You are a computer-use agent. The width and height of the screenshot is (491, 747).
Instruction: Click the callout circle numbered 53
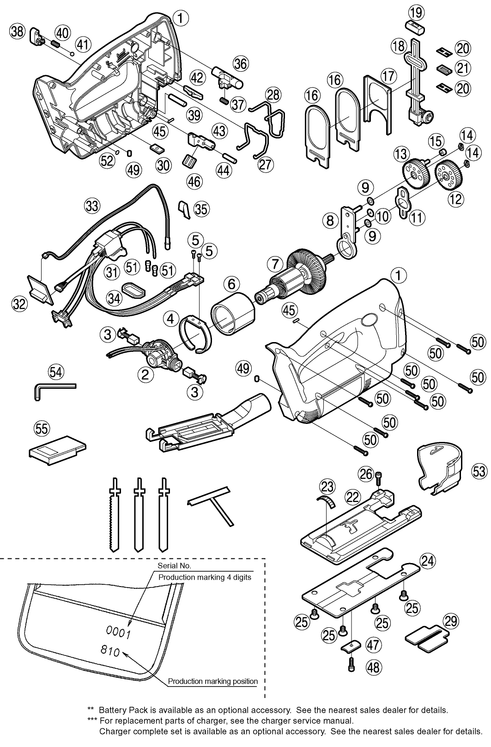coord(479,471)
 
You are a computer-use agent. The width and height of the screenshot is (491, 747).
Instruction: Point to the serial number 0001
coord(119,632)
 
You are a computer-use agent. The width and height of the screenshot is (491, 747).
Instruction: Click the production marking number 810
coord(109,652)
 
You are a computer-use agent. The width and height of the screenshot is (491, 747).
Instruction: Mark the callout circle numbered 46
coord(194,181)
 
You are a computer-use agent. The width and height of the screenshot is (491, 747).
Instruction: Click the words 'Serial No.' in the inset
coord(174,565)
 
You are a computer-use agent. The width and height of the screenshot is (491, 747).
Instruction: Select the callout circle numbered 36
coord(240,63)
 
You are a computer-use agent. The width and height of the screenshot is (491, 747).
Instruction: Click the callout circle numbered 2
coord(145,374)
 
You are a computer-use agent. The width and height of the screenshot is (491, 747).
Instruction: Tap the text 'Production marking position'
coord(212,681)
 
